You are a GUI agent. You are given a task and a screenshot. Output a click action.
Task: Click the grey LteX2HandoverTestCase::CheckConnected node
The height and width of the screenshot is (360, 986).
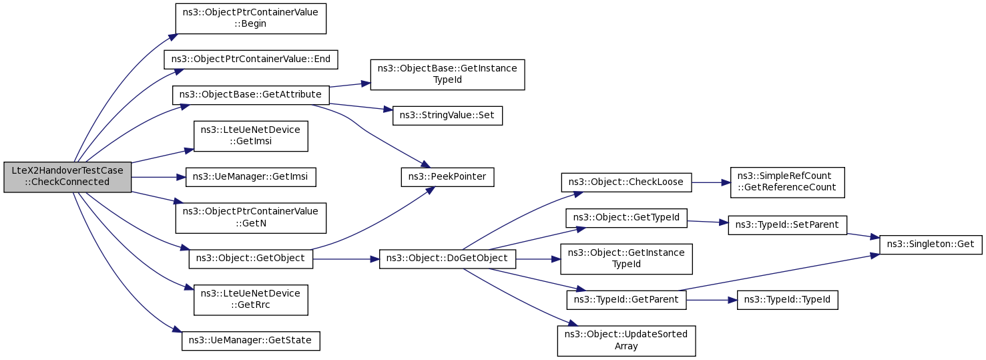click(x=67, y=177)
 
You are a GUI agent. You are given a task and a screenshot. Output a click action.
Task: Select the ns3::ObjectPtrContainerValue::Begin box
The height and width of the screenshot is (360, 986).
click(x=251, y=19)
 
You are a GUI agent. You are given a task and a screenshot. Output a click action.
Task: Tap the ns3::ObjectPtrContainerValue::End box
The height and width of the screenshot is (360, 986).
click(x=251, y=59)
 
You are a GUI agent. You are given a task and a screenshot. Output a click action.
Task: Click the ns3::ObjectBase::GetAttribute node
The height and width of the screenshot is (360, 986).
click(x=251, y=96)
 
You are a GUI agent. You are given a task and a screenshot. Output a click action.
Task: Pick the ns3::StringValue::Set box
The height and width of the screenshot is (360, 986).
click(x=447, y=116)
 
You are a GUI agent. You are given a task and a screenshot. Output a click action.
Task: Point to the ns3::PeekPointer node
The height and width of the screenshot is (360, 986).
click(x=447, y=177)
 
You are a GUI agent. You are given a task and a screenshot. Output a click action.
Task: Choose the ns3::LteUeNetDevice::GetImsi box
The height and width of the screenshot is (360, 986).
click(x=251, y=136)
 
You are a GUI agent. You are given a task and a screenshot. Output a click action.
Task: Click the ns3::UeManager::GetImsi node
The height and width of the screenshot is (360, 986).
click(x=251, y=177)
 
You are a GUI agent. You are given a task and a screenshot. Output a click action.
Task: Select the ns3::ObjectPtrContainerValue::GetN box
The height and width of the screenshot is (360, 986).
click(x=251, y=218)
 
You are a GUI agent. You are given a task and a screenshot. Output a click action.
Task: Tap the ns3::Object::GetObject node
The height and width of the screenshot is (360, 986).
click(x=251, y=259)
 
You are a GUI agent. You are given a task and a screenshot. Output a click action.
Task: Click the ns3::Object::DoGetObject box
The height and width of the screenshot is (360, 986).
click(x=447, y=259)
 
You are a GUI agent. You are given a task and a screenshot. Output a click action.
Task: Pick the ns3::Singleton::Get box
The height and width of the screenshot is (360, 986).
click(x=931, y=244)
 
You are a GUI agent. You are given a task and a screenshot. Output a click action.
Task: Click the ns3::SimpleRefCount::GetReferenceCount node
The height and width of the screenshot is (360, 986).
click(x=787, y=182)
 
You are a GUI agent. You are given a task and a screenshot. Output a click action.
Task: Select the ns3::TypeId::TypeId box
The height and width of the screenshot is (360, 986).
click(x=787, y=300)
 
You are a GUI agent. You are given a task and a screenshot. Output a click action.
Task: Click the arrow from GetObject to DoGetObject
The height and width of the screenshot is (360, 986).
click(x=346, y=259)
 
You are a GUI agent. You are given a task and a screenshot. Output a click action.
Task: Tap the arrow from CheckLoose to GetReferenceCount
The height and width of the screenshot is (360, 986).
click(x=711, y=182)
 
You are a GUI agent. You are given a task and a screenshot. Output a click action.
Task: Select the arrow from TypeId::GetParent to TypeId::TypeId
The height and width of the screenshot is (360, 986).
click(x=712, y=300)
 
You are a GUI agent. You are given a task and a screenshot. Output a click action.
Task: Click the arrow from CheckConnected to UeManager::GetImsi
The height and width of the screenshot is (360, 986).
click(x=158, y=177)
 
